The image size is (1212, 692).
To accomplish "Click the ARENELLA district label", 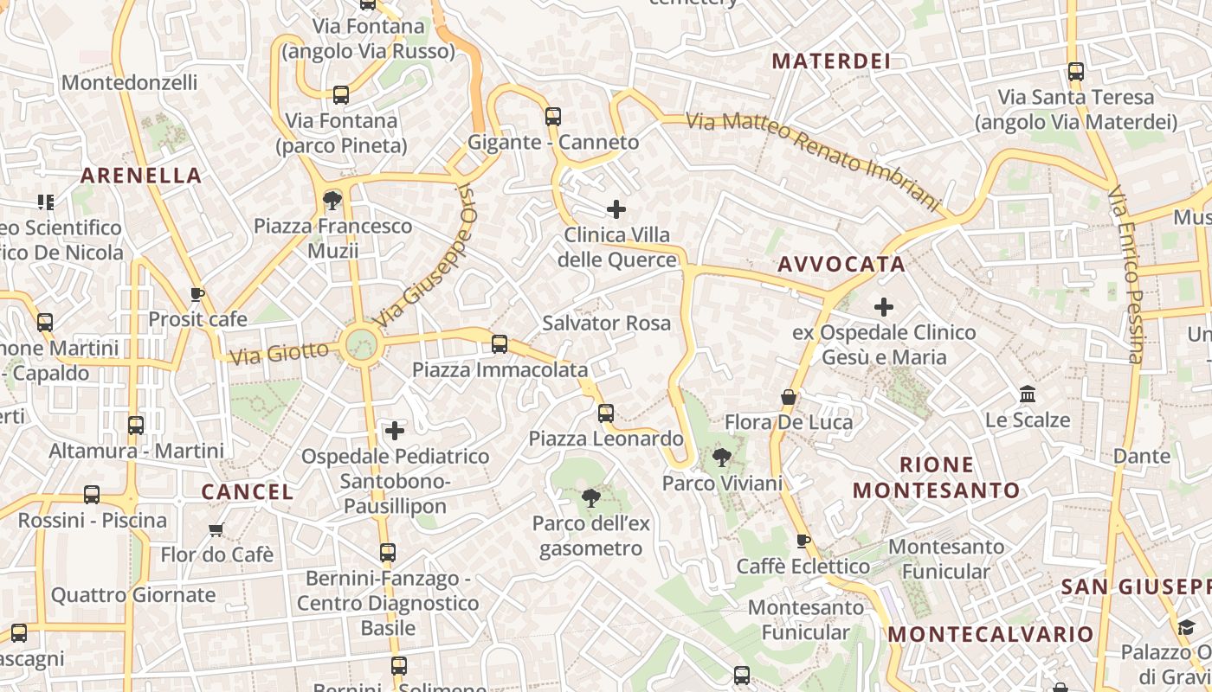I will point(141,176).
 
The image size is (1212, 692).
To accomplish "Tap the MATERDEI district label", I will point(831,61).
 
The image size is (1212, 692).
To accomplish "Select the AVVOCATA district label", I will point(841,265).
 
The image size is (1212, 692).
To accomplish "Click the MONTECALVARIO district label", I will point(990,634).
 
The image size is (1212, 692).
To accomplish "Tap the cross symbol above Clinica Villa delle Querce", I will point(616,209).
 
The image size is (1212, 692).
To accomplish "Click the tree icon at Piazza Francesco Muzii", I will point(332,201).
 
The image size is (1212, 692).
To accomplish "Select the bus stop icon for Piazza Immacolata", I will point(500,344).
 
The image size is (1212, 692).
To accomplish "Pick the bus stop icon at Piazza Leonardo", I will point(606,413).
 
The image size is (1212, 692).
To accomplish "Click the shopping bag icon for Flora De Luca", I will point(789,398).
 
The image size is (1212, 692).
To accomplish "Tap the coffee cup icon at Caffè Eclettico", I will point(803,541).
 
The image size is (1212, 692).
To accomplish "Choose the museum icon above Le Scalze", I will point(1028,394).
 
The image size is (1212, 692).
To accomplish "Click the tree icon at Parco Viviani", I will point(721,458).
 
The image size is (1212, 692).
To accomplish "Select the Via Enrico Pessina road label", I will point(1125,275).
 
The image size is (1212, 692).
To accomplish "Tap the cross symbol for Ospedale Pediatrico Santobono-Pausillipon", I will point(395,431).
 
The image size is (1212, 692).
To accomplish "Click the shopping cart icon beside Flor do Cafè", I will point(216,529).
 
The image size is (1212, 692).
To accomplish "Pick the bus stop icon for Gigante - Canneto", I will point(553,116).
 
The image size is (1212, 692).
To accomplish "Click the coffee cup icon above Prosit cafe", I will point(197,294).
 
